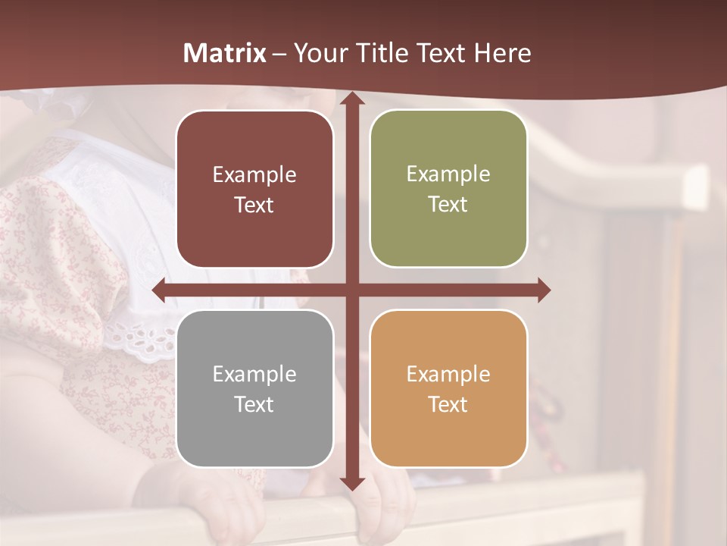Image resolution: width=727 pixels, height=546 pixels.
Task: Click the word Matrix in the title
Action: point(225,53)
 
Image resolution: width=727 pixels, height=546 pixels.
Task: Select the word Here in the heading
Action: point(502,53)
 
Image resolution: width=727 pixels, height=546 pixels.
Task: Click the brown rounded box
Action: point(254,189)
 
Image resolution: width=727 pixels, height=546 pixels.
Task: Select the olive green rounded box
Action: point(448,189)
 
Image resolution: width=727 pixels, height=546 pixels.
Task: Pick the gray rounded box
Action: point(254,388)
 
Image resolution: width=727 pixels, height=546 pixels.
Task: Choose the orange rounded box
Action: point(448,388)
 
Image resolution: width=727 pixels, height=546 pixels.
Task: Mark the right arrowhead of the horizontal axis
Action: point(544,290)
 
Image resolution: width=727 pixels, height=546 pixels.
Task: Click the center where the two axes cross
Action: point(351,290)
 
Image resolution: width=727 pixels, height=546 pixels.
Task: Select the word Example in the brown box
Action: point(254,175)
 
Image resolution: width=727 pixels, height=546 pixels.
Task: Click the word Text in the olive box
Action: point(448,205)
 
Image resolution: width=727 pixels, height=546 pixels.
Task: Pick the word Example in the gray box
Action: point(254,375)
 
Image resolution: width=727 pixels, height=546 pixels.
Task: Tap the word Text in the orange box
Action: point(448,404)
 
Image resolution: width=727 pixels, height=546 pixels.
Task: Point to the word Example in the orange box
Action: point(448,375)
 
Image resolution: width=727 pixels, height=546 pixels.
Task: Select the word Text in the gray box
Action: point(254,404)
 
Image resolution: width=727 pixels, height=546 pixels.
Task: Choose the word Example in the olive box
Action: point(448,174)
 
